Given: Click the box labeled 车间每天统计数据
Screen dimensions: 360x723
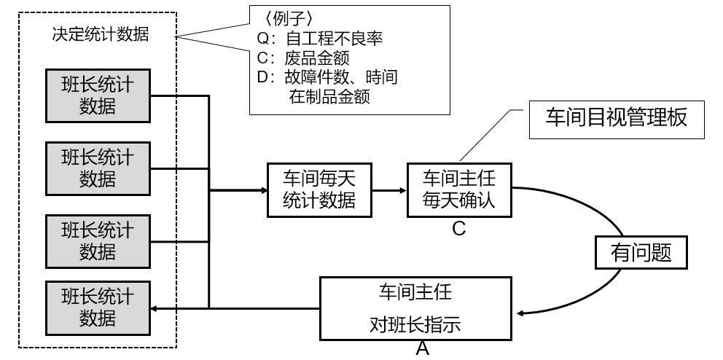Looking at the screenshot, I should point(319,189).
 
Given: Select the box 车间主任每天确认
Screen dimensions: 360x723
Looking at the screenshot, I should point(459,189).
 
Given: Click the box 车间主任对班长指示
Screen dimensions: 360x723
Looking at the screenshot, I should point(415,309).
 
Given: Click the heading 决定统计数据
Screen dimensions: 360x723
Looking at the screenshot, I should point(101,34).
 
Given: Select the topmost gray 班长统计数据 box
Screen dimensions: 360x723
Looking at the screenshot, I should point(98,95).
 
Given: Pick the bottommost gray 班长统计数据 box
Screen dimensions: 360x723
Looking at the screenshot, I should point(98,308).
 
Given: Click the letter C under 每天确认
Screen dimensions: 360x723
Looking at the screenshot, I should point(459,229).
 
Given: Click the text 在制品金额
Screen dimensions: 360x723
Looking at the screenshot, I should point(329,96).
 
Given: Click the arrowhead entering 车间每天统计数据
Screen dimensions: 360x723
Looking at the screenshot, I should point(263,191).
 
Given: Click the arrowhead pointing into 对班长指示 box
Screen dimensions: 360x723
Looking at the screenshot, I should point(520,313).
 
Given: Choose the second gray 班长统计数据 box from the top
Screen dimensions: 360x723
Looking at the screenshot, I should point(98,167).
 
